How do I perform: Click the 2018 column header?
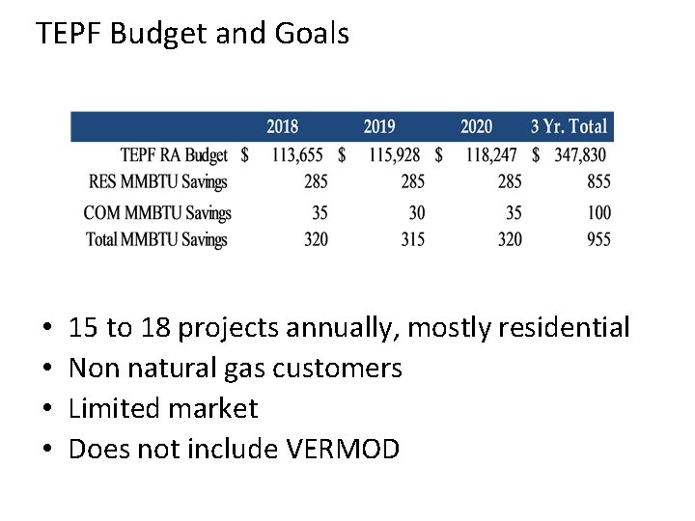[282, 126]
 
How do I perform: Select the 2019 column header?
[379, 126]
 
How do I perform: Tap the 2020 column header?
[476, 126]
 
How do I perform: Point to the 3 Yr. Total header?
[569, 126]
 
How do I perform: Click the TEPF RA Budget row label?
[174, 154]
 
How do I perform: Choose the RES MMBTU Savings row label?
[157, 181]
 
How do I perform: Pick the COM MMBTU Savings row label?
[157, 212]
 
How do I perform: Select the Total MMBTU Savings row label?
[156, 239]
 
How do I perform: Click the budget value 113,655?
[297, 154]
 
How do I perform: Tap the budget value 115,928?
[394, 154]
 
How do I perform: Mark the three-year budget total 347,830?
[580, 154]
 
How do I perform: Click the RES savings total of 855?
[598, 181]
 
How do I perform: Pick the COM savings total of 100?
[598, 212]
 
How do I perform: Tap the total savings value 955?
[598, 239]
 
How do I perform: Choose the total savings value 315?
[412, 239]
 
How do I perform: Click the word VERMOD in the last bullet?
[343, 449]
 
